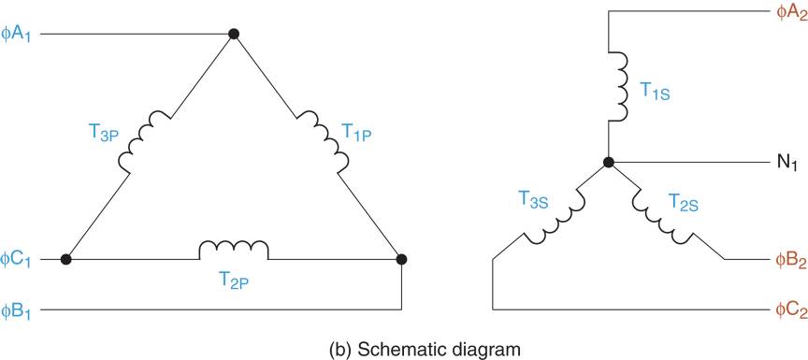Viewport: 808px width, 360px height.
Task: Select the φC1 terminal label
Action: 18,259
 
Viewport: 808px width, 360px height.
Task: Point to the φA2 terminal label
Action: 789,14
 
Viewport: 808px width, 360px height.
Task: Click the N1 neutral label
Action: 787,164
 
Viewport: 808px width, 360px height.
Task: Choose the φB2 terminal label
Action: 789,259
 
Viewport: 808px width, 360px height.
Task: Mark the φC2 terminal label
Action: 789,310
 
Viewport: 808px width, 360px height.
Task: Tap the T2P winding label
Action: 233,281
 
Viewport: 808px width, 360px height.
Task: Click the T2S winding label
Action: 685,199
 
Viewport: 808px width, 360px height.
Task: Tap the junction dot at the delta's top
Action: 234,35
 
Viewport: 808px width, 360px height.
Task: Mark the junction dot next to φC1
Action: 65,259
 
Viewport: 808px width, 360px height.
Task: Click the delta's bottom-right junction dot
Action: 401,259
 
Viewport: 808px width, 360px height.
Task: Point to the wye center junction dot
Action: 608,163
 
